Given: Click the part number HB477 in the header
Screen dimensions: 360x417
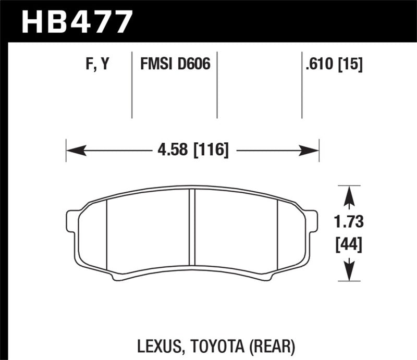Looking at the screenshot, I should tap(77, 22).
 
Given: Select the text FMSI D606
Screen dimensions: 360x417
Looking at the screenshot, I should tap(174, 65).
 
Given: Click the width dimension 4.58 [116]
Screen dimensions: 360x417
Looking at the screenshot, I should tap(192, 151).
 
